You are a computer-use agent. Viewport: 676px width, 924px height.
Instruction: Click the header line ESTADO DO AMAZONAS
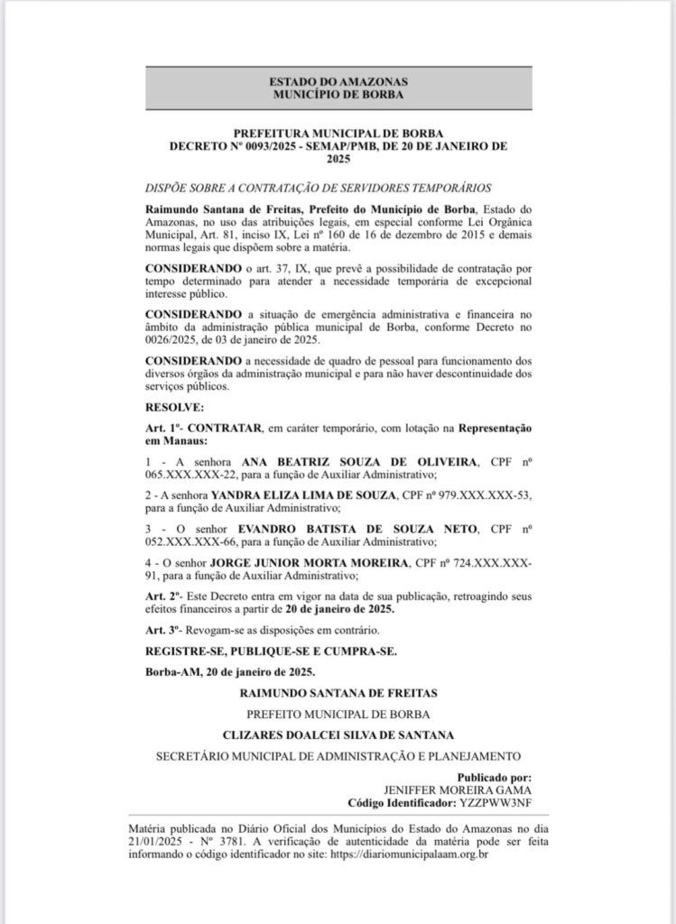(x=338, y=79)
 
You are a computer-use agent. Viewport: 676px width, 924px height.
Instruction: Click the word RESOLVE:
(x=174, y=409)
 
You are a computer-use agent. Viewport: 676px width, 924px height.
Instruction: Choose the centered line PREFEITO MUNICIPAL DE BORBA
(x=338, y=714)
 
